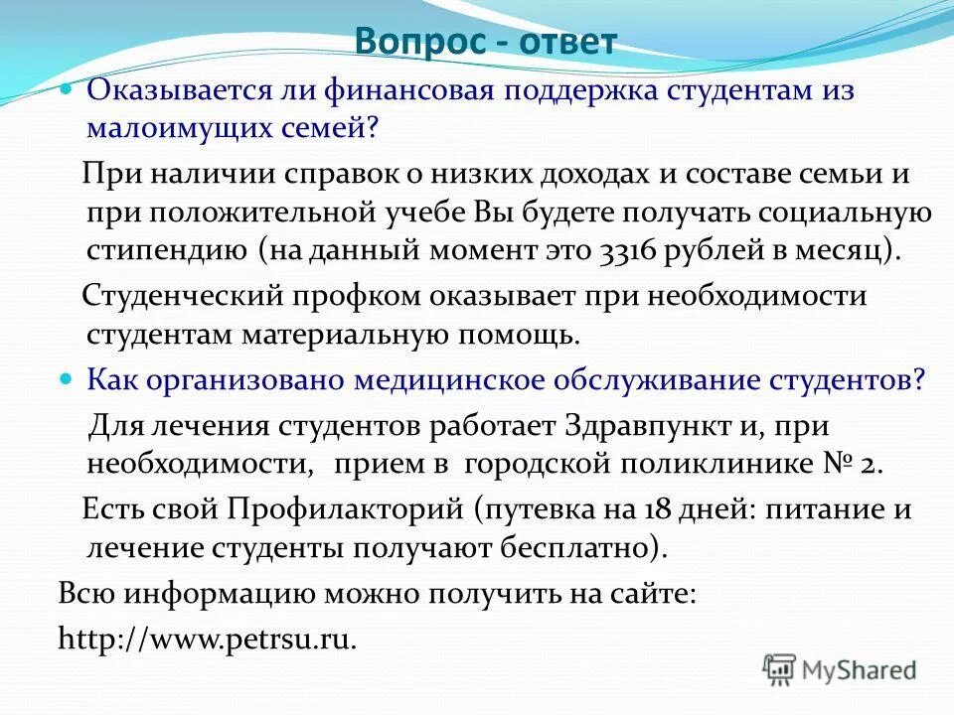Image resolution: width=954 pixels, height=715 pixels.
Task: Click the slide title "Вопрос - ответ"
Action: [x=487, y=43]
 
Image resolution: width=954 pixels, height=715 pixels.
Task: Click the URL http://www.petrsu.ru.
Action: [x=207, y=638]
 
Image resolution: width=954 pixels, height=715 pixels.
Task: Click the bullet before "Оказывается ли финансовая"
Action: [x=68, y=89]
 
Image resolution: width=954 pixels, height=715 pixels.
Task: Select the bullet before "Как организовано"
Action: [x=68, y=379]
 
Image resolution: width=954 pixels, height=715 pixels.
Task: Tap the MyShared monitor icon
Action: [x=780, y=668]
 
